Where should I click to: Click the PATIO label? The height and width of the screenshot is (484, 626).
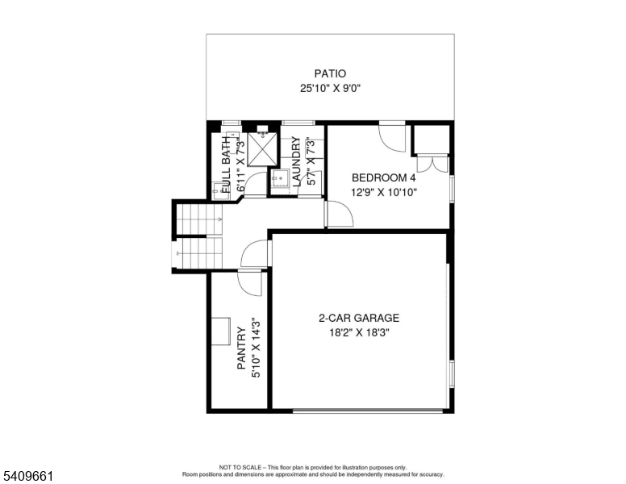coord(330,73)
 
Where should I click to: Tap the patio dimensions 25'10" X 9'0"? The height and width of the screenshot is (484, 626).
coord(330,89)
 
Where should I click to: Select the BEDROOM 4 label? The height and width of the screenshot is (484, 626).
coord(383,177)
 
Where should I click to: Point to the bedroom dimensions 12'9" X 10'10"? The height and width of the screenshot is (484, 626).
coord(383,193)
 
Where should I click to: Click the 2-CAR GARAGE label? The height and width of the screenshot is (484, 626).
coord(359,318)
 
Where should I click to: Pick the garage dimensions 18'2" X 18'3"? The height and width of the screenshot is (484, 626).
coord(359,332)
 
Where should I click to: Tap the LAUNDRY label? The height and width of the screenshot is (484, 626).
coord(296,162)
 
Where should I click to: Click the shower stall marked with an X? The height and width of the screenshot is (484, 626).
coord(262,147)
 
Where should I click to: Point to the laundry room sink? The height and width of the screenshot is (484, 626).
coord(278,180)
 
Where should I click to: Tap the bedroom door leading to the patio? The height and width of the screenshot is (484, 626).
coord(394,137)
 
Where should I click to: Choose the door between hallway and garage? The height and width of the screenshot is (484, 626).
coord(257,253)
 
